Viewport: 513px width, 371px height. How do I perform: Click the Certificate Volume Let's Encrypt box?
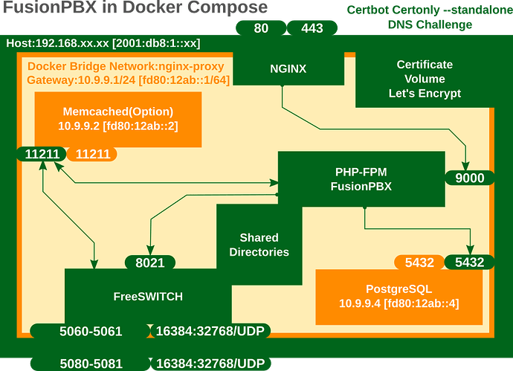(x=425, y=80)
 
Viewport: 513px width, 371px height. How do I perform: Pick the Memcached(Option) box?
(x=117, y=119)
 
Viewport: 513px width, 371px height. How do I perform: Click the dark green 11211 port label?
(x=42, y=155)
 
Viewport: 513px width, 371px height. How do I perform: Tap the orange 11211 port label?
(x=92, y=155)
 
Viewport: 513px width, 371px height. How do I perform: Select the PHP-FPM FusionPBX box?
(x=361, y=179)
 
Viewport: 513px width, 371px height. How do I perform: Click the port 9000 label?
(x=469, y=178)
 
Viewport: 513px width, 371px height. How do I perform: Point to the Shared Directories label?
(x=259, y=245)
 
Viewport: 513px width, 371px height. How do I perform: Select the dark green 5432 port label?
(x=469, y=262)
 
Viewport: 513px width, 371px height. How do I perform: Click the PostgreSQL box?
(x=399, y=296)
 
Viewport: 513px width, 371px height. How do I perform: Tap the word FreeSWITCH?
(x=148, y=296)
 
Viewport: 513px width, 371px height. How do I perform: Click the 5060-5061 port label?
(x=90, y=332)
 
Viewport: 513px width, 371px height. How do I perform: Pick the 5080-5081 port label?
(x=90, y=364)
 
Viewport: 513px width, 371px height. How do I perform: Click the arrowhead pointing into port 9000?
(x=466, y=166)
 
